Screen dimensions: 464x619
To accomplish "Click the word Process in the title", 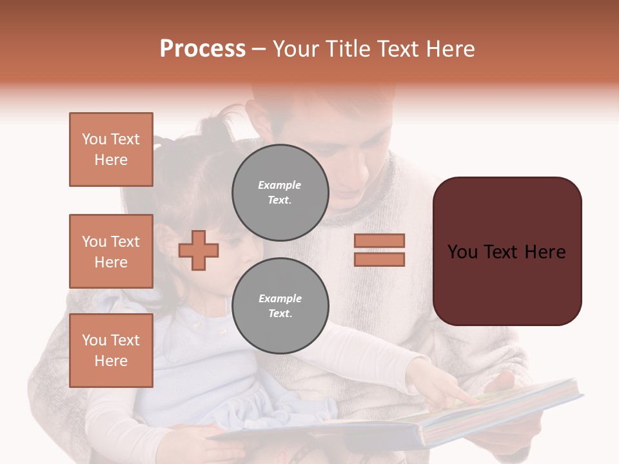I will (202, 49).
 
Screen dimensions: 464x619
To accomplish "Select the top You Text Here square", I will (111, 150).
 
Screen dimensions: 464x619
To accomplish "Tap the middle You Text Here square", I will (111, 251).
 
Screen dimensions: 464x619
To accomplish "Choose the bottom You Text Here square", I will (111, 351).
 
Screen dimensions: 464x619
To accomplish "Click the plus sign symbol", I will (199, 250).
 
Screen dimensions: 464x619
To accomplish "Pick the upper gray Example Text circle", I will (280, 193).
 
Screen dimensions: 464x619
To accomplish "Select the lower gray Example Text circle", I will (280, 306).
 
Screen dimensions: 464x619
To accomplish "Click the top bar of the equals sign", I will (379, 240).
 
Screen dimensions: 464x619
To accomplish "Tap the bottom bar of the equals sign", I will (379, 260).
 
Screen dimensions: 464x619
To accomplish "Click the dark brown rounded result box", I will (507, 251).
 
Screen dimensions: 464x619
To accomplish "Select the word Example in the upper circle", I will (280, 185).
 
